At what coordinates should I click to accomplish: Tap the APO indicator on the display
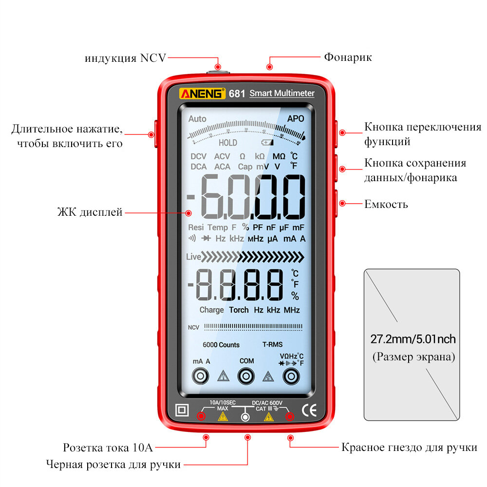[295, 118]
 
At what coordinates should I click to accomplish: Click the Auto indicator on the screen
[197, 119]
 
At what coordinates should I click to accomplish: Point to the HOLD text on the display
[227, 143]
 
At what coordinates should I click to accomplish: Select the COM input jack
[246, 375]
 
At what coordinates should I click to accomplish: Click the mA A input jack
[201, 375]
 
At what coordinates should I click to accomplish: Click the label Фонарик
[348, 57]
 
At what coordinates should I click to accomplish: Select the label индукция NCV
[125, 58]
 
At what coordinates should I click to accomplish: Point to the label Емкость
[386, 204]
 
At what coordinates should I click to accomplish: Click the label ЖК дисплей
[89, 212]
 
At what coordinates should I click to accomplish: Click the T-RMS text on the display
[272, 344]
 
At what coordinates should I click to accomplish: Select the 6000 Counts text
[221, 345]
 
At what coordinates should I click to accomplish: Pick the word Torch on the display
[239, 310]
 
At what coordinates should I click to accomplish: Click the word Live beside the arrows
[193, 257]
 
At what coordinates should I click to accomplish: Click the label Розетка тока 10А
[108, 448]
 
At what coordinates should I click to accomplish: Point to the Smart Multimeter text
[282, 94]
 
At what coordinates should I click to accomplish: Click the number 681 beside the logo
[237, 94]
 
